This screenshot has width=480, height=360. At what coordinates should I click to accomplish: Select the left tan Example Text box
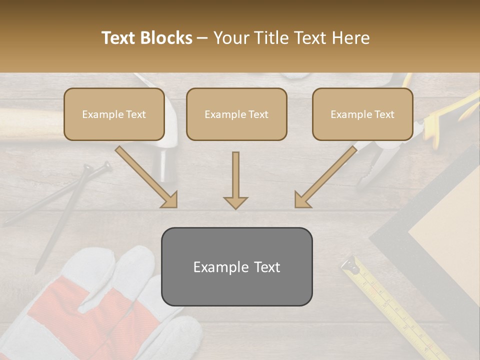(x=114, y=114)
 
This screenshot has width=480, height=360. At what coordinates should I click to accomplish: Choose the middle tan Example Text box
(x=236, y=114)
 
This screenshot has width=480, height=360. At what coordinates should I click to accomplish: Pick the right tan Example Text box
(x=362, y=114)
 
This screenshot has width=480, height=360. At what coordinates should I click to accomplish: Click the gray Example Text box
(x=236, y=267)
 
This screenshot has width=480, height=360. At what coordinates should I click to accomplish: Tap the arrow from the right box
(x=328, y=177)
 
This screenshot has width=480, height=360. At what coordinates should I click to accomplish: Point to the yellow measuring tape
(x=395, y=310)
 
